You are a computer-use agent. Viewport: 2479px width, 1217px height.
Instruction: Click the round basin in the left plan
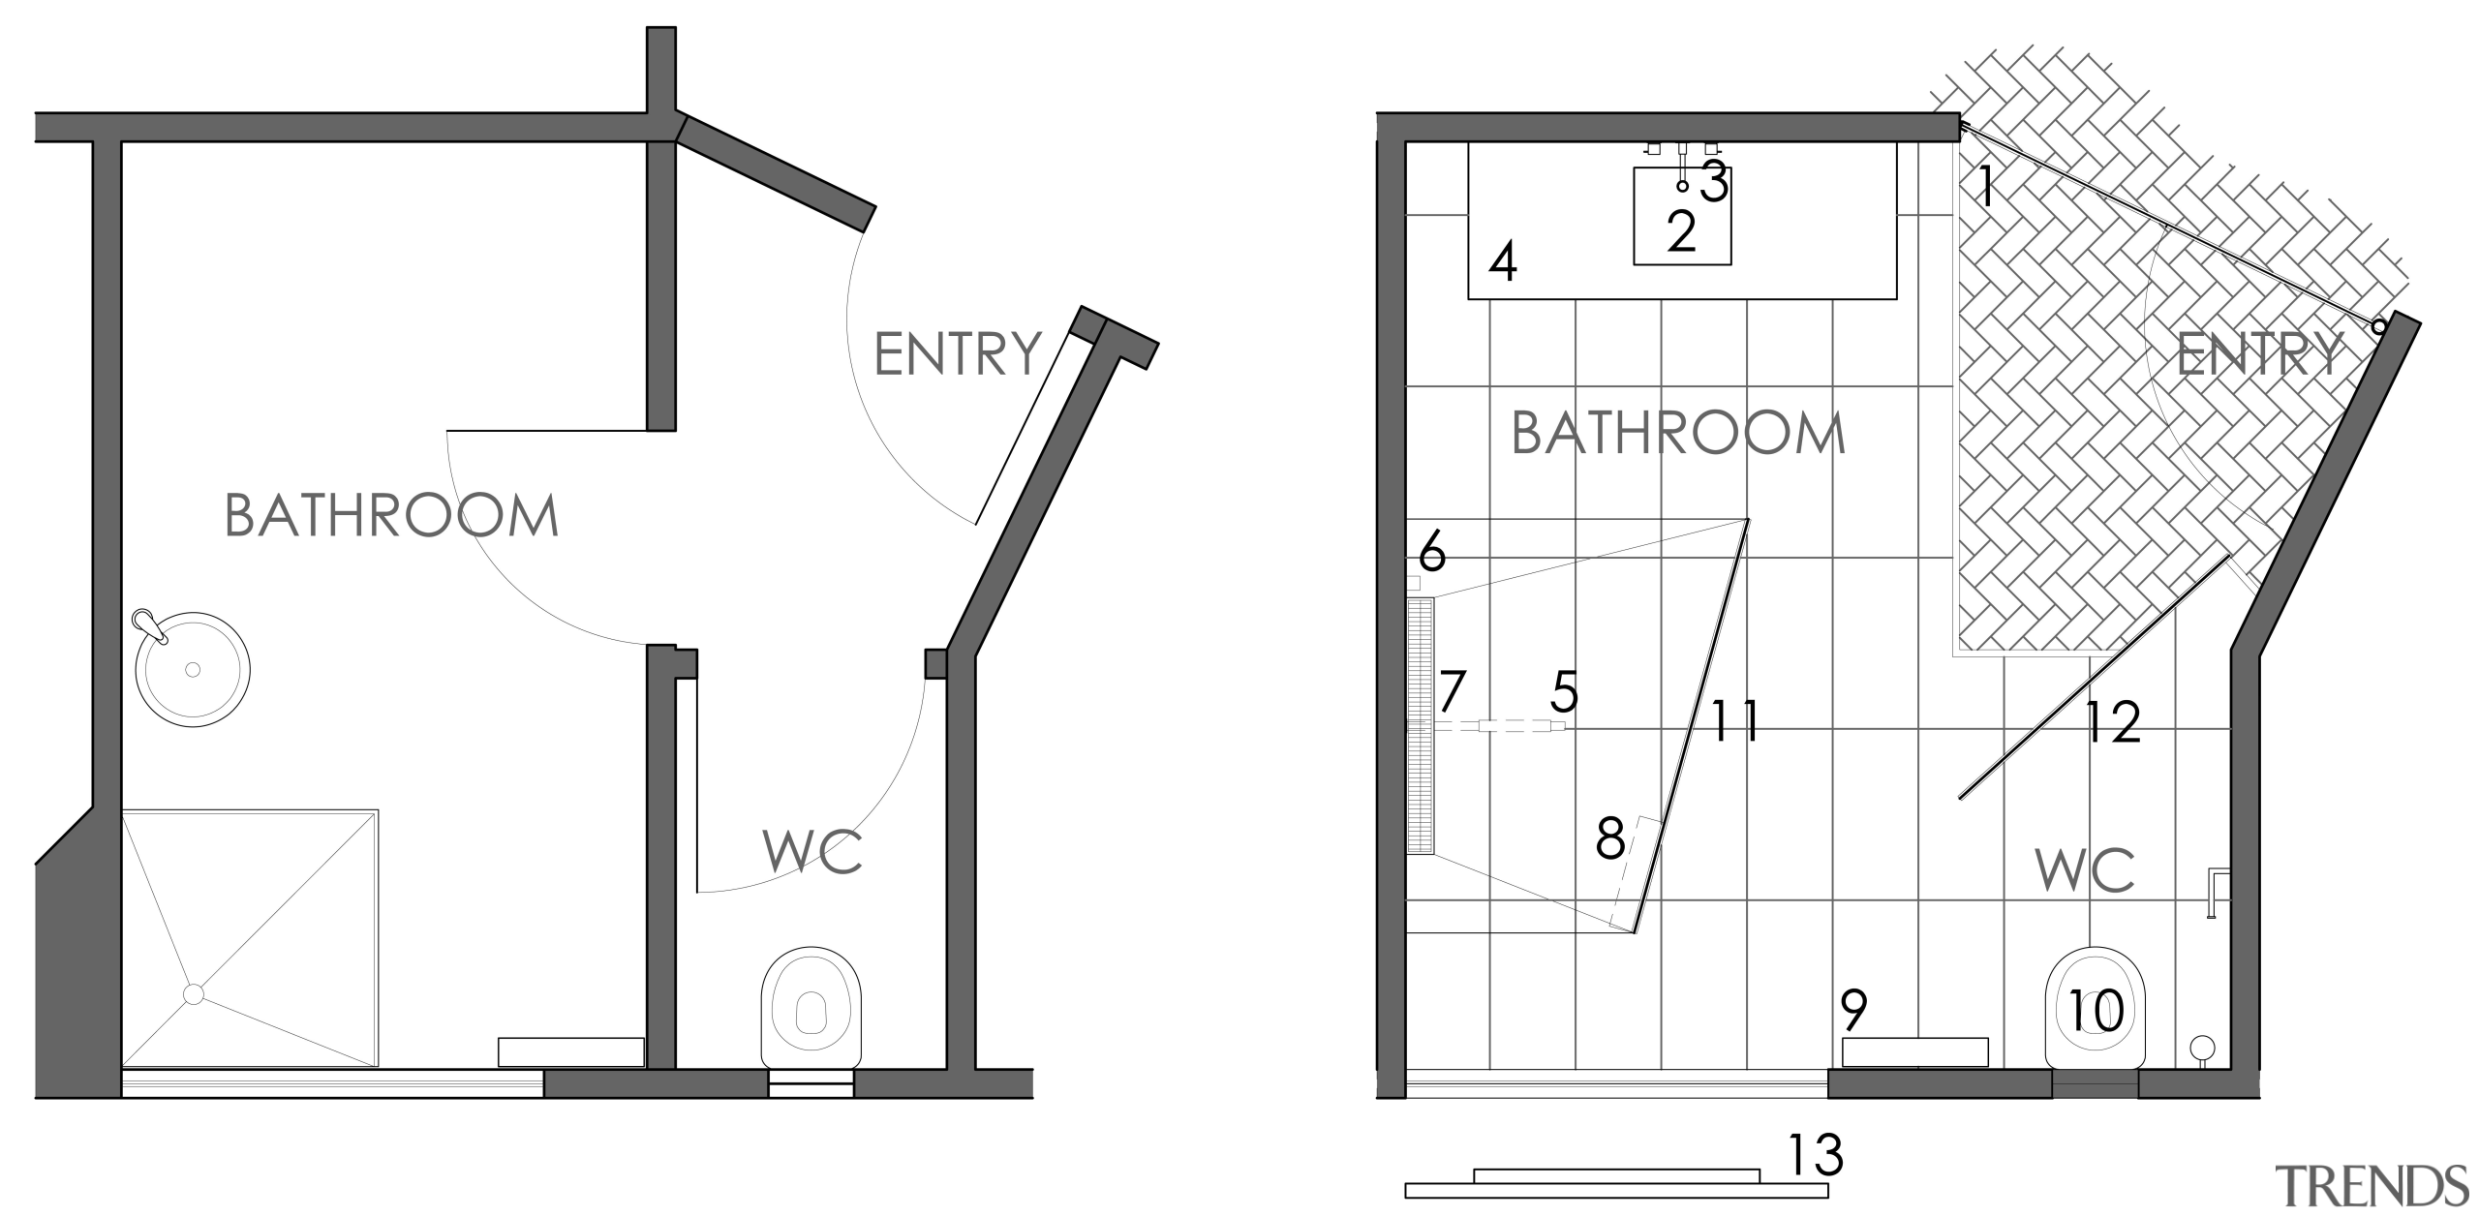[x=193, y=669]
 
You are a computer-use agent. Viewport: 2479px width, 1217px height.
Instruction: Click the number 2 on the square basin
[x=1682, y=232]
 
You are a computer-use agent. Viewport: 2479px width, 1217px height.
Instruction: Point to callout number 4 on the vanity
[x=1502, y=262]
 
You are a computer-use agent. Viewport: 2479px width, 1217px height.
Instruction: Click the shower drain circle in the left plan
[x=193, y=993]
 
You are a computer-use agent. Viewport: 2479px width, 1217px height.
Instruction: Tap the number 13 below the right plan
[x=1814, y=1155]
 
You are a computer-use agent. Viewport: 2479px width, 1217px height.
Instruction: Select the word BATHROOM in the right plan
[x=1678, y=434]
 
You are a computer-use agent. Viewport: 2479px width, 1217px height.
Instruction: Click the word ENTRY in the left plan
[x=957, y=353]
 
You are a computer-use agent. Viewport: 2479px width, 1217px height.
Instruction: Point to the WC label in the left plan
[x=812, y=851]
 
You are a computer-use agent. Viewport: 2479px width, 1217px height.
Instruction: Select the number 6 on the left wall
[x=1431, y=554]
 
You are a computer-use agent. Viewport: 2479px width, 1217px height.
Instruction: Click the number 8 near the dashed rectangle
[x=1609, y=839]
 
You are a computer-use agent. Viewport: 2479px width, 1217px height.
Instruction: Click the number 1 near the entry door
[x=1985, y=188]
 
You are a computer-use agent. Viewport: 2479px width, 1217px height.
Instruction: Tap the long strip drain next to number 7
[x=1420, y=726]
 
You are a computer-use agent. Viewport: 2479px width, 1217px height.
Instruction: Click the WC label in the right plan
[x=2085, y=870]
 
